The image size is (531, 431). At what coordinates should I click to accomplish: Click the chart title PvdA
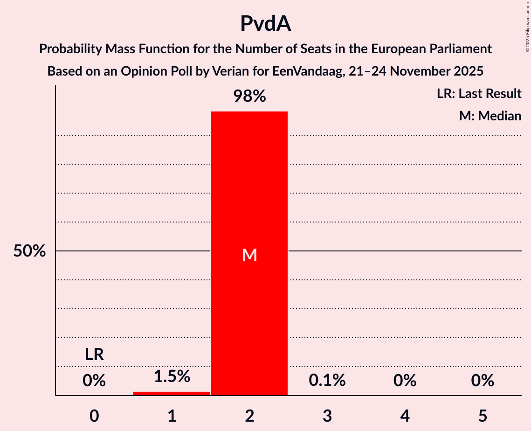point(265,24)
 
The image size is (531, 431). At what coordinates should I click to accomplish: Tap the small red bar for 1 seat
point(172,393)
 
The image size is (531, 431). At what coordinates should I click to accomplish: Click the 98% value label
point(249,97)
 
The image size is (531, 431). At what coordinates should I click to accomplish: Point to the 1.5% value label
point(172,376)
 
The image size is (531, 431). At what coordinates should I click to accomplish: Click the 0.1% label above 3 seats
point(327,381)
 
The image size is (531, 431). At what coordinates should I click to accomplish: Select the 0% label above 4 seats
point(405,381)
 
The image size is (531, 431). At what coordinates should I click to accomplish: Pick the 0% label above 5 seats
point(482,381)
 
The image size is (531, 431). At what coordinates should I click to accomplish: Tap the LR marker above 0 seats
point(94,355)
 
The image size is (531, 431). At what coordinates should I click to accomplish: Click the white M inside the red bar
point(249,255)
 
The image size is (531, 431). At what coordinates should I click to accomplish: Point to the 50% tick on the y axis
point(29,251)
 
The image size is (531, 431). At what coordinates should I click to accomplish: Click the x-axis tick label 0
point(94,416)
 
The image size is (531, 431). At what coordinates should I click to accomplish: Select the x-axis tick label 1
point(172,416)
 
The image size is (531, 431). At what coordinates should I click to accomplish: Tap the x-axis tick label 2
point(249,416)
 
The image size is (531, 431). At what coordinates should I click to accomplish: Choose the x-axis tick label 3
point(327,416)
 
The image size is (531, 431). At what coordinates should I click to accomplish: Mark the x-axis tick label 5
point(482,416)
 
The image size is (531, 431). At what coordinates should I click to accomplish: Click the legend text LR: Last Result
point(479,94)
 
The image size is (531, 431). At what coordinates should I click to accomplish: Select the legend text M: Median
point(490,116)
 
